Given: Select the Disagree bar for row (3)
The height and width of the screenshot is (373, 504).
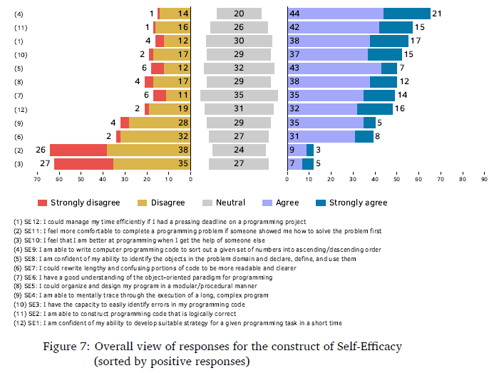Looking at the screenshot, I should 152,163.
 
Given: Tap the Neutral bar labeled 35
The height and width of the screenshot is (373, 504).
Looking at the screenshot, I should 239,95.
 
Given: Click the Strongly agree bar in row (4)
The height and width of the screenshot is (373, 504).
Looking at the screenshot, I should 407,14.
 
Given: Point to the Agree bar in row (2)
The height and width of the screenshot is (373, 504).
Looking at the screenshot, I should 297,150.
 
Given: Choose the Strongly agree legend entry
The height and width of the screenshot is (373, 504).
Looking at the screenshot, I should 358,203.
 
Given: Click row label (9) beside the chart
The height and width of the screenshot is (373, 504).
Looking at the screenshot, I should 20,123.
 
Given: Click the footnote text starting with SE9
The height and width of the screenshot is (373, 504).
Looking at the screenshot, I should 192,250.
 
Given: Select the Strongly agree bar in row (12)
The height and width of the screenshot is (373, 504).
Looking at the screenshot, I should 374,109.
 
